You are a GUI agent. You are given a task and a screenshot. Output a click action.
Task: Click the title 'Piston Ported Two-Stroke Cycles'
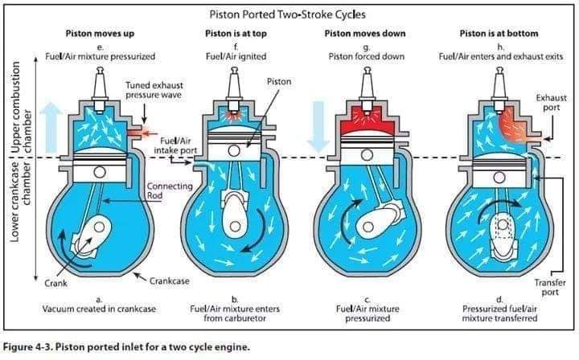(x=288, y=14)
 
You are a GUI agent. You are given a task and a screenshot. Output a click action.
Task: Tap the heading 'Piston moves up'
(x=100, y=34)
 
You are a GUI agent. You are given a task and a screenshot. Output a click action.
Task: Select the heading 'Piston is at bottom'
(x=499, y=34)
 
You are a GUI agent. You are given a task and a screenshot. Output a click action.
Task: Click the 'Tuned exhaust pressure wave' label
(x=154, y=90)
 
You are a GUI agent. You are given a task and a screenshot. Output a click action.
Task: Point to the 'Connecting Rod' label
(x=170, y=190)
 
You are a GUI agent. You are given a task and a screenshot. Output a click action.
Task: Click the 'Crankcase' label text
(x=169, y=281)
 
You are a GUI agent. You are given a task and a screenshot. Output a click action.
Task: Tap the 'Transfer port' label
(x=550, y=288)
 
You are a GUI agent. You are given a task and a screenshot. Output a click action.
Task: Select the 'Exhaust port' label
(x=552, y=103)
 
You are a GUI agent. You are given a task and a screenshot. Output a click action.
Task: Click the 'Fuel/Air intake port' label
(x=175, y=145)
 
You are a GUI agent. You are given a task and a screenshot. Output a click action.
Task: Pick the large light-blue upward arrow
(x=51, y=127)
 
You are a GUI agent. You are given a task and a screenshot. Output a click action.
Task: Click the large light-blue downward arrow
(x=318, y=127)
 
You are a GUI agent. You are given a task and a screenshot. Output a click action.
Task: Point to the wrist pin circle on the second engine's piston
(x=233, y=150)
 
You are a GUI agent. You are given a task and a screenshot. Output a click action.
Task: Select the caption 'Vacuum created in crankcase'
(x=99, y=309)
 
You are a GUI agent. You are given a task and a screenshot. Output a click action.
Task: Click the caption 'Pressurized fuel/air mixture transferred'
(x=499, y=313)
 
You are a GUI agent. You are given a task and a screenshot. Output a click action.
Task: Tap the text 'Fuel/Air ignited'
(x=236, y=56)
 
